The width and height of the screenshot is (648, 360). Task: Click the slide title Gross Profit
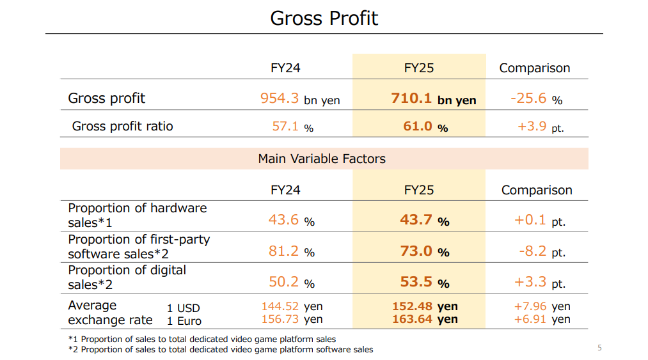click(324, 18)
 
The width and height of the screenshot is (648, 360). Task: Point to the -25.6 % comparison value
click(536, 98)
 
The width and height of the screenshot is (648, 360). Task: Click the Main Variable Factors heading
click(322, 159)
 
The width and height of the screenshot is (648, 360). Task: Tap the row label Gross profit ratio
click(122, 126)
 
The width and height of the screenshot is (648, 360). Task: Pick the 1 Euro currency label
click(184, 321)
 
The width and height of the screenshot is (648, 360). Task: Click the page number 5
click(599, 348)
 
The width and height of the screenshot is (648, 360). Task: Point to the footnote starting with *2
click(221, 350)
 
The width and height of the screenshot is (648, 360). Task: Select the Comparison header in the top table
click(534, 68)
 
